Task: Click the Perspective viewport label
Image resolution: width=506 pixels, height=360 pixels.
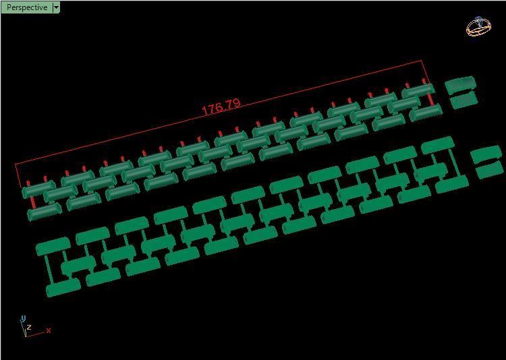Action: point(26,7)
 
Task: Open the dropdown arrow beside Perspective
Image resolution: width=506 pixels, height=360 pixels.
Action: point(56,7)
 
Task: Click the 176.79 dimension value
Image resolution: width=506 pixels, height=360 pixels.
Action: point(221,107)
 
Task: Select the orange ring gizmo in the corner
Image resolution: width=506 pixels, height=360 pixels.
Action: point(478,28)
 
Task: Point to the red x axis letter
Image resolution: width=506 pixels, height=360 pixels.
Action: point(49,330)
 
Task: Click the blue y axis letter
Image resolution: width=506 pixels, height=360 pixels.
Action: point(23,318)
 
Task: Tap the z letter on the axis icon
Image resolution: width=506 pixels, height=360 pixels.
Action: point(29,328)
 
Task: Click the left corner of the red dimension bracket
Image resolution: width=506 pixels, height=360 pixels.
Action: point(16,164)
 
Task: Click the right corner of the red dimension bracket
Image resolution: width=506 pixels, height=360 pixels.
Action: point(423,61)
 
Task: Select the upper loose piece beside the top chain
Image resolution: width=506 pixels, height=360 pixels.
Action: point(460,85)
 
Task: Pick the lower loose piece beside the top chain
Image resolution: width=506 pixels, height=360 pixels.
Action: point(463,100)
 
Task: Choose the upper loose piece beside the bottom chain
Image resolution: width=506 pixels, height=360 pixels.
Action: point(486,155)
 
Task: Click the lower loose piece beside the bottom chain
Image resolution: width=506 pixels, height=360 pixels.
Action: point(490,171)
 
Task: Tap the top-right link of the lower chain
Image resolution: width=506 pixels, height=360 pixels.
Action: point(437,144)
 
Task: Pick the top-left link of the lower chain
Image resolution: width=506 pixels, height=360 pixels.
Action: point(53,245)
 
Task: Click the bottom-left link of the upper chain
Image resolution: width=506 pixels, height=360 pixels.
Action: point(45,212)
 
